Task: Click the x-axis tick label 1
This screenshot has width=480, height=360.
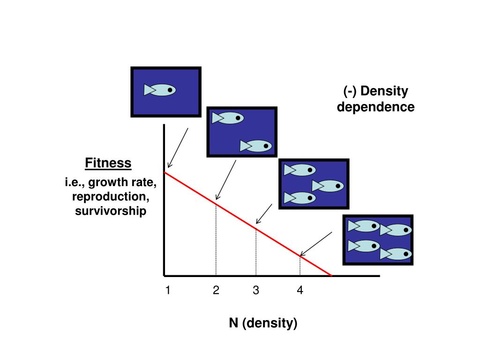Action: click(x=167, y=291)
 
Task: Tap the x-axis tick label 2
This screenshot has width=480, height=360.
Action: click(x=216, y=291)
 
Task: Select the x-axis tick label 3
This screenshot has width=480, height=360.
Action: click(x=256, y=291)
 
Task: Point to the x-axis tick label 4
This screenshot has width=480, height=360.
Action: click(x=300, y=291)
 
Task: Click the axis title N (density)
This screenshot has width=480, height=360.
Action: click(x=263, y=323)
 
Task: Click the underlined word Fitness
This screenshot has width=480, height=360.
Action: click(x=108, y=163)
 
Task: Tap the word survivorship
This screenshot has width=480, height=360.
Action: click(x=111, y=211)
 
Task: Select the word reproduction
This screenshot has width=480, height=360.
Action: click(x=111, y=196)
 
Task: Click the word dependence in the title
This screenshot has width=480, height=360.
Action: click(x=376, y=107)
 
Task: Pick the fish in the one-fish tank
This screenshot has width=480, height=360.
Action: click(x=160, y=90)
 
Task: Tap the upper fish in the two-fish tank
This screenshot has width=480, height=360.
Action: click(x=228, y=118)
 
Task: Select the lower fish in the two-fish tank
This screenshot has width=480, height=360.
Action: click(x=256, y=146)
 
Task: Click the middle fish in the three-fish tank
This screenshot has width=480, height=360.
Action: click(x=329, y=186)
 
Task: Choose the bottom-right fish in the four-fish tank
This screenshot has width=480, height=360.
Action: click(x=396, y=254)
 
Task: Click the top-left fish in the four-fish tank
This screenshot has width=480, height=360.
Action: click(x=364, y=226)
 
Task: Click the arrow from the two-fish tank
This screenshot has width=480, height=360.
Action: click(x=225, y=180)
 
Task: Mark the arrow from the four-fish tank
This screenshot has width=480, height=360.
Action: click(x=316, y=243)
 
